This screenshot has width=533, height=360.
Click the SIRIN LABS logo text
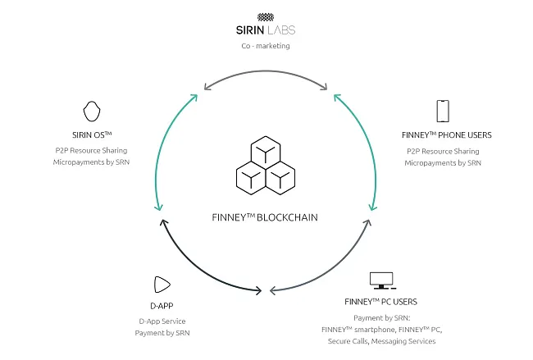coord(265,30)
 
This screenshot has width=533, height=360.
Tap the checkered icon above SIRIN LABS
coord(265,16)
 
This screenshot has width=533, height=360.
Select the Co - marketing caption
coord(265,46)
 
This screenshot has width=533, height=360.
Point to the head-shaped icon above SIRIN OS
coord(92,111)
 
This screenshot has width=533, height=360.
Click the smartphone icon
coord(443,111)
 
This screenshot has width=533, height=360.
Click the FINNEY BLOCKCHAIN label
coord(266,218)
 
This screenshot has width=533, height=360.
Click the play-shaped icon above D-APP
coord(162,285)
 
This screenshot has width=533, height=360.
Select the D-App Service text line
coord(162,321)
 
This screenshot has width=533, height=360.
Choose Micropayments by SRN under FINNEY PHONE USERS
coord(443,162)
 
